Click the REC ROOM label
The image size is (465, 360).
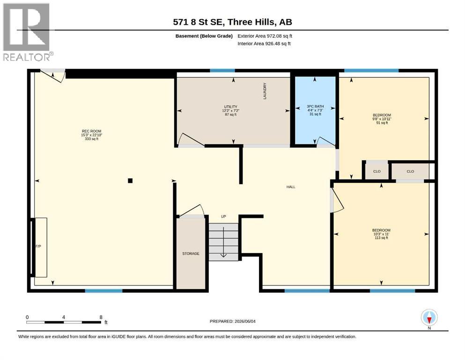(x=92, y=131)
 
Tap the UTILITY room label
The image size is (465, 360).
(x=231, y=107)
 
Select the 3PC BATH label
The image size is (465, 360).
(x=315, y=106)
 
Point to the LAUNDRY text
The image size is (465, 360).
(x=265, y=91)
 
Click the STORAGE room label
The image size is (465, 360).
(x=191, y=254)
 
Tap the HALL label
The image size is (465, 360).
(x=291, y=187)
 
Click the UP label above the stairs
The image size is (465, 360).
(x=224, y=217)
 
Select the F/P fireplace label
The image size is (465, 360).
(x=38, y=246)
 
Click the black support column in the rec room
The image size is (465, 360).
(x=130, y=180)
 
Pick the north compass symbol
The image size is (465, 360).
(x=429, y=317)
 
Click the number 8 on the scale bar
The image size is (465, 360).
(x=101, y=317)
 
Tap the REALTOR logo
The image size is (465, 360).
(x=27, y=32)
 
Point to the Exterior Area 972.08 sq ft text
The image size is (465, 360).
(x=265, y=36)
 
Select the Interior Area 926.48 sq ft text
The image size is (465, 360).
(x=264, y=44)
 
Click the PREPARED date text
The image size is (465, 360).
(x=232, y=321)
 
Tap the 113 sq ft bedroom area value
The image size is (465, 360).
(x=381, y=238)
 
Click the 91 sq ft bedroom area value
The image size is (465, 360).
(x=382, y=122)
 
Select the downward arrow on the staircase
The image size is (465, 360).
(x=223, y=242)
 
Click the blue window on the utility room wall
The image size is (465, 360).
(x=222, y=71)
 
